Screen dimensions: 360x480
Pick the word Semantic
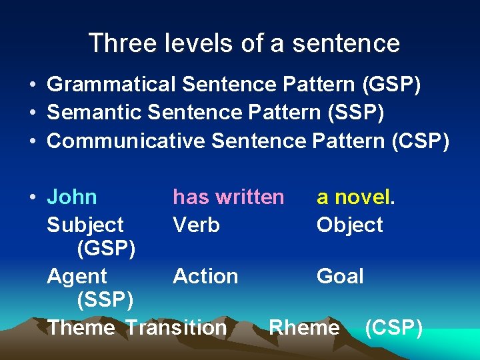tap(94, 113)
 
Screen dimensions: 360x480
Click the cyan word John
tap(72, 197)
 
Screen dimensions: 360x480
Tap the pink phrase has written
tap(228, 197)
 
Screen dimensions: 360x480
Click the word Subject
tap(85, 225)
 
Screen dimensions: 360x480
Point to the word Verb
tap(196, 225)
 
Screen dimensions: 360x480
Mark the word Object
tap(349, 225)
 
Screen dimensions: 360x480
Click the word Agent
tap(77, 276)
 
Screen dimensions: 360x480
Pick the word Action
tap(205, 276)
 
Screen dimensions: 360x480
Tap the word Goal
tap(340, 276)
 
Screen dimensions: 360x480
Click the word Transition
tap(176, 327)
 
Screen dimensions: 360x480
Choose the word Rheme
tap(304, 327)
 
